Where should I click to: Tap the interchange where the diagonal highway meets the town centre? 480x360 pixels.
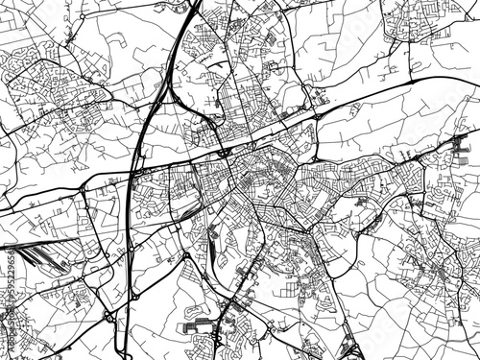(x=223, y=151)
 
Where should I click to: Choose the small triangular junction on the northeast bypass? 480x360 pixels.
(x=313, y=114)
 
